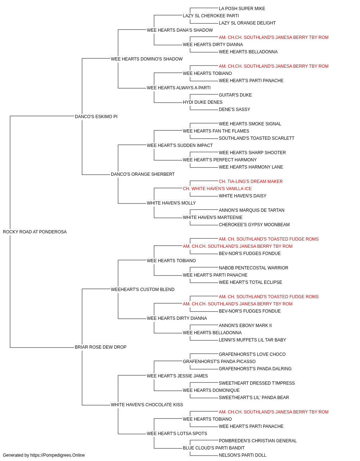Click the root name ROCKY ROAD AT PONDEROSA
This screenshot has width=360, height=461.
click(x=35, y=232)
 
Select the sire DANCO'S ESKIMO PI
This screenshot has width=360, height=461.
click(x=96, y=117)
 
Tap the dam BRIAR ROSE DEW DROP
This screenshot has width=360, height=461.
click(x=100, y=347)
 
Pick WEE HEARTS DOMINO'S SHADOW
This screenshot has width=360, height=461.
click(x=147, y=59)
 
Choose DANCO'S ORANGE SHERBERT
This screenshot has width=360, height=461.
click(x=143, y=174)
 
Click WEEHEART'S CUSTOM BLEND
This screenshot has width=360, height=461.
click(x=143, y=289)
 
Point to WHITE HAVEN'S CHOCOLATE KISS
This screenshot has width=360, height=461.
click(x=147, y=404)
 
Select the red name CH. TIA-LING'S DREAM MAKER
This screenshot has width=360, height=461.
click(x=251, y=182)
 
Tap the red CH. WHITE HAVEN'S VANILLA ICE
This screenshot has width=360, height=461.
click(x=217, y=189)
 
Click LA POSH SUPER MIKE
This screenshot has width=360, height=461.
click(x=242, y=9)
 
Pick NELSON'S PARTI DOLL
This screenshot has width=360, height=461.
click(x=243, y=455)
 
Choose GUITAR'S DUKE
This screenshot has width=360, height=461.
click(x=235, y=95)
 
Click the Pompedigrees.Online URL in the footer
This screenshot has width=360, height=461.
click(x=58, y=455)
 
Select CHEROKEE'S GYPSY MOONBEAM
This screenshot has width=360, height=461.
click(x=254, y=225)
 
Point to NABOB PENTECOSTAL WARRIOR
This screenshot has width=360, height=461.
click(x=253, y=268)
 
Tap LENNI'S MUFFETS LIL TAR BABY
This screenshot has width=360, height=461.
click(x=252, y=340)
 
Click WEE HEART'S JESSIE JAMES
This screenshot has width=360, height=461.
click(x=177, y=376)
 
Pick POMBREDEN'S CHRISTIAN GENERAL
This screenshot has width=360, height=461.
click(x=258, y=440)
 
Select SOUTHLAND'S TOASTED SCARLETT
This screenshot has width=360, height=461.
click(x=257, y=138)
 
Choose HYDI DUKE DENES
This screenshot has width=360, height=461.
click(x=203, y=102)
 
